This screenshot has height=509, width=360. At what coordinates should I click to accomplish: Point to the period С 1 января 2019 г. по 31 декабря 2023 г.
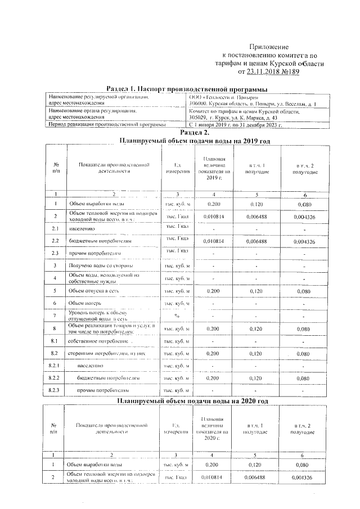click(236, 124)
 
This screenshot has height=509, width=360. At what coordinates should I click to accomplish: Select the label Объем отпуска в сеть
click(94, 291)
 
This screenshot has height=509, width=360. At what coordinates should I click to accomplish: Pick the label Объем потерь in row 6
click(85, 303)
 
